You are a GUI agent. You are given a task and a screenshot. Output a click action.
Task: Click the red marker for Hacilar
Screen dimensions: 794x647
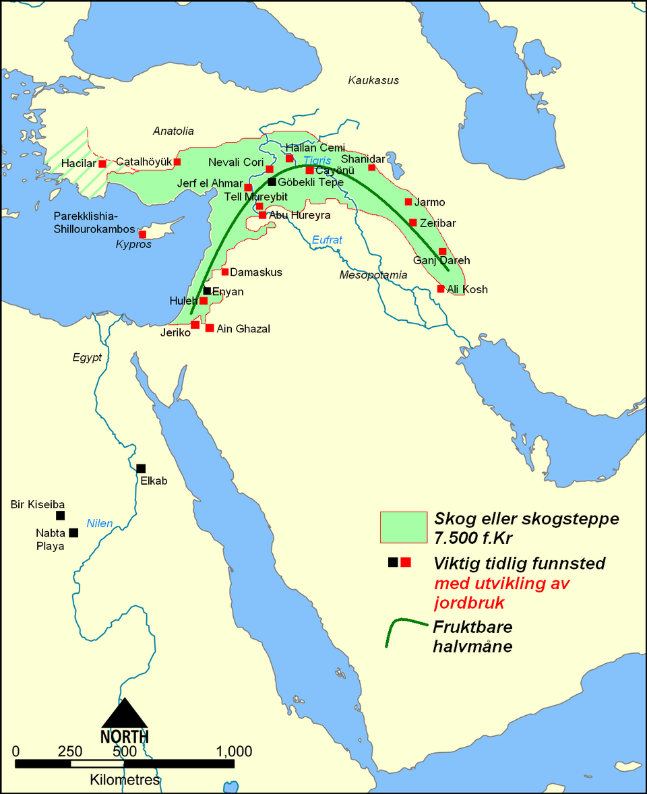coord(102,163)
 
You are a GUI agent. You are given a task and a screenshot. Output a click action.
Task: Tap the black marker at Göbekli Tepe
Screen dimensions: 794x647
coord(272,181)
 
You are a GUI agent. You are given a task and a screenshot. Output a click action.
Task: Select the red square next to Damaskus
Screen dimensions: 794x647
coord(225,272)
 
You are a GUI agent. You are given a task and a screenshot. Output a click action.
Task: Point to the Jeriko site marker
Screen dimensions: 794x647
coord(195,324)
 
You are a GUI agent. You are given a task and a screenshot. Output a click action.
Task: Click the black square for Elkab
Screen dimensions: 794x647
coord(141,468)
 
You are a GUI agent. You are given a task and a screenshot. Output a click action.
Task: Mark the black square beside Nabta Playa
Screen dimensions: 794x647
coord(73,532)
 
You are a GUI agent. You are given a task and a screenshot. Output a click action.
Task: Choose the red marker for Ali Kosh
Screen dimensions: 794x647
coord(441,288)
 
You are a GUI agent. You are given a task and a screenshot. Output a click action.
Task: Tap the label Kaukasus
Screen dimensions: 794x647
coord(373,80)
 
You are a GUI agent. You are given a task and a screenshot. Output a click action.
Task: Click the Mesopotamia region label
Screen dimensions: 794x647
coord(373,275)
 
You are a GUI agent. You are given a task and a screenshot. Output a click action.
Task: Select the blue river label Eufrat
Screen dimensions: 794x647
coord(328,239)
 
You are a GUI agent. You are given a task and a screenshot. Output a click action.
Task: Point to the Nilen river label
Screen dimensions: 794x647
coord(100,523)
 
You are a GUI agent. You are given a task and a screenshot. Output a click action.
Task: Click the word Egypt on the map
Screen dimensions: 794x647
coord(87,357)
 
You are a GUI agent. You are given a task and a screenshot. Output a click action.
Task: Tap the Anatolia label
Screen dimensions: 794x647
coord(173,131)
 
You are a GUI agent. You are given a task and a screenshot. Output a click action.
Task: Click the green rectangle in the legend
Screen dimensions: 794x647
coord(404,527)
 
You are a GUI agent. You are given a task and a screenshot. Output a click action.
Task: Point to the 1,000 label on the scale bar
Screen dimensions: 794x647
coord(234,752)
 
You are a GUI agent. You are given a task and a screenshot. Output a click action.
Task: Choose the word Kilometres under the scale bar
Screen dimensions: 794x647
coord(125,780)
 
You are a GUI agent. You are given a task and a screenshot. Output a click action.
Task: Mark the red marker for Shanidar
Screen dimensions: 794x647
coord(371,167)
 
